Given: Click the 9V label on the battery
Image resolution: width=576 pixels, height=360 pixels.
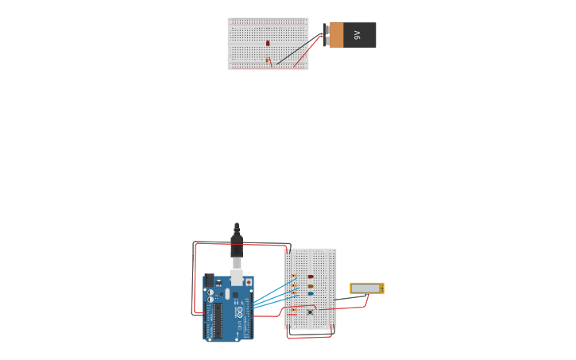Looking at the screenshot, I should click(358, 35).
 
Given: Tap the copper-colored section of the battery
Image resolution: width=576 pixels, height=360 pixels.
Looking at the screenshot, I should click(336, 35).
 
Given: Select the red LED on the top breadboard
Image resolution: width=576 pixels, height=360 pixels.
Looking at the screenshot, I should click(268, 43).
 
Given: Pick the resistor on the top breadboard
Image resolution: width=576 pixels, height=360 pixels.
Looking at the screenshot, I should click(268, 60).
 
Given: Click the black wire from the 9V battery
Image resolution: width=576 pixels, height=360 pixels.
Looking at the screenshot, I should click(298, 50).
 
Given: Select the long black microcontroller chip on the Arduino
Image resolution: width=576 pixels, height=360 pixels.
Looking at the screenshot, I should click(218, 319).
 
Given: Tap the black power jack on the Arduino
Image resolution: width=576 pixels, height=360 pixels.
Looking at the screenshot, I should click(209, 281).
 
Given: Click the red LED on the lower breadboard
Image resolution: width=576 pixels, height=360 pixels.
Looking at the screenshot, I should click(311, 277).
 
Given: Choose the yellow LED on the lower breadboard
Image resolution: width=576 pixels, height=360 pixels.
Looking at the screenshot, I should click(311, 286).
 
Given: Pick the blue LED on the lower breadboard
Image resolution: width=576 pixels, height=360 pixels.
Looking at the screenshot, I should click(311, 293).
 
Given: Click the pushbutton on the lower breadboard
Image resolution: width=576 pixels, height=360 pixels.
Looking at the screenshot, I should click(310, 312).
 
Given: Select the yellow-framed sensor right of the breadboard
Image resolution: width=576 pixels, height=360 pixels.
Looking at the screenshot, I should click(366, 288).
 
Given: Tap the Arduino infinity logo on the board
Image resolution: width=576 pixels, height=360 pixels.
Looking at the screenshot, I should click(239, 312).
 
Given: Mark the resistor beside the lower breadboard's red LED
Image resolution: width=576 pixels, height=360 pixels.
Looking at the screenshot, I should click(294, 277).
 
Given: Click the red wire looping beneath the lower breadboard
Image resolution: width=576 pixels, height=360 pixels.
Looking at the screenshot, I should click(310, 337).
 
